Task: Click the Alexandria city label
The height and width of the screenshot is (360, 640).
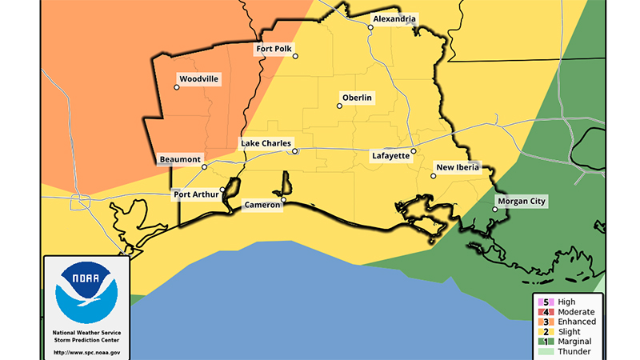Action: pos(394,18)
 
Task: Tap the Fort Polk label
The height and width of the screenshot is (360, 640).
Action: pos(274,49)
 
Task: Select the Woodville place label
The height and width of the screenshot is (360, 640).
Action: pos(198,79)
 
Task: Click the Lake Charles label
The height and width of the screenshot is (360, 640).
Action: pos(265,143)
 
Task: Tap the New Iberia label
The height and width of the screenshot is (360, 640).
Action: pos(457,167)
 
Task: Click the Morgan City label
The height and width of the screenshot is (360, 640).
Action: pos(521,201)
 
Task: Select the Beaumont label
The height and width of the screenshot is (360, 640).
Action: pos(180,159)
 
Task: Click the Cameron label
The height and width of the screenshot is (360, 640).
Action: pos(262,206)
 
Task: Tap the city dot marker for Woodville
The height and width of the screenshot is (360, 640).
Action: pos(177,87)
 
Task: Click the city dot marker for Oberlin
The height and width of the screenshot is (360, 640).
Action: pos(339,106)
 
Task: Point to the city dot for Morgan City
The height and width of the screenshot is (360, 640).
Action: pos(494,210)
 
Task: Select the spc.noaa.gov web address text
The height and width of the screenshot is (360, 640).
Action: pos(86,352)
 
